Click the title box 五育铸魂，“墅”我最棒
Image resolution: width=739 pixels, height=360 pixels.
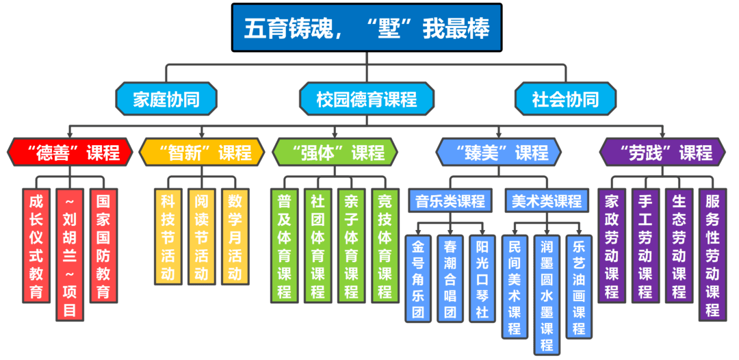coord(367,28)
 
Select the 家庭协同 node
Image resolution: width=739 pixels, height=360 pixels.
coord(166,99)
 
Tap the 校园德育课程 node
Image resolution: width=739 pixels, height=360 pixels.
coord(367,99)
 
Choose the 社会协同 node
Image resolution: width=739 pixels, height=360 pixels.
coord(565,99)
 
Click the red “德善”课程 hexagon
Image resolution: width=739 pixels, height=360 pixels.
coord(69,152)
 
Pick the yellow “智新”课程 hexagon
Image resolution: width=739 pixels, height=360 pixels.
coord(201,152)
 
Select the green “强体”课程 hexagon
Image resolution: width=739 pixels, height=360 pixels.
coord(334,152)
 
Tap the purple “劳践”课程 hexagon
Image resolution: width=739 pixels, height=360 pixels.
coord(662,152)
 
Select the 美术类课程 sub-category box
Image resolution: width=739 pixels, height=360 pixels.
coord(547,201)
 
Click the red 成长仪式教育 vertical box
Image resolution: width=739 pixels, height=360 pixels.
coord(36,246)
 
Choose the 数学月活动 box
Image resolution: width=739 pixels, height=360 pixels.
coord(235,237)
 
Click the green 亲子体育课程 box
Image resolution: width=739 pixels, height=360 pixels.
coord(352,246)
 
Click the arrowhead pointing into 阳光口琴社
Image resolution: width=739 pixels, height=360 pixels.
coord(483,232)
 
